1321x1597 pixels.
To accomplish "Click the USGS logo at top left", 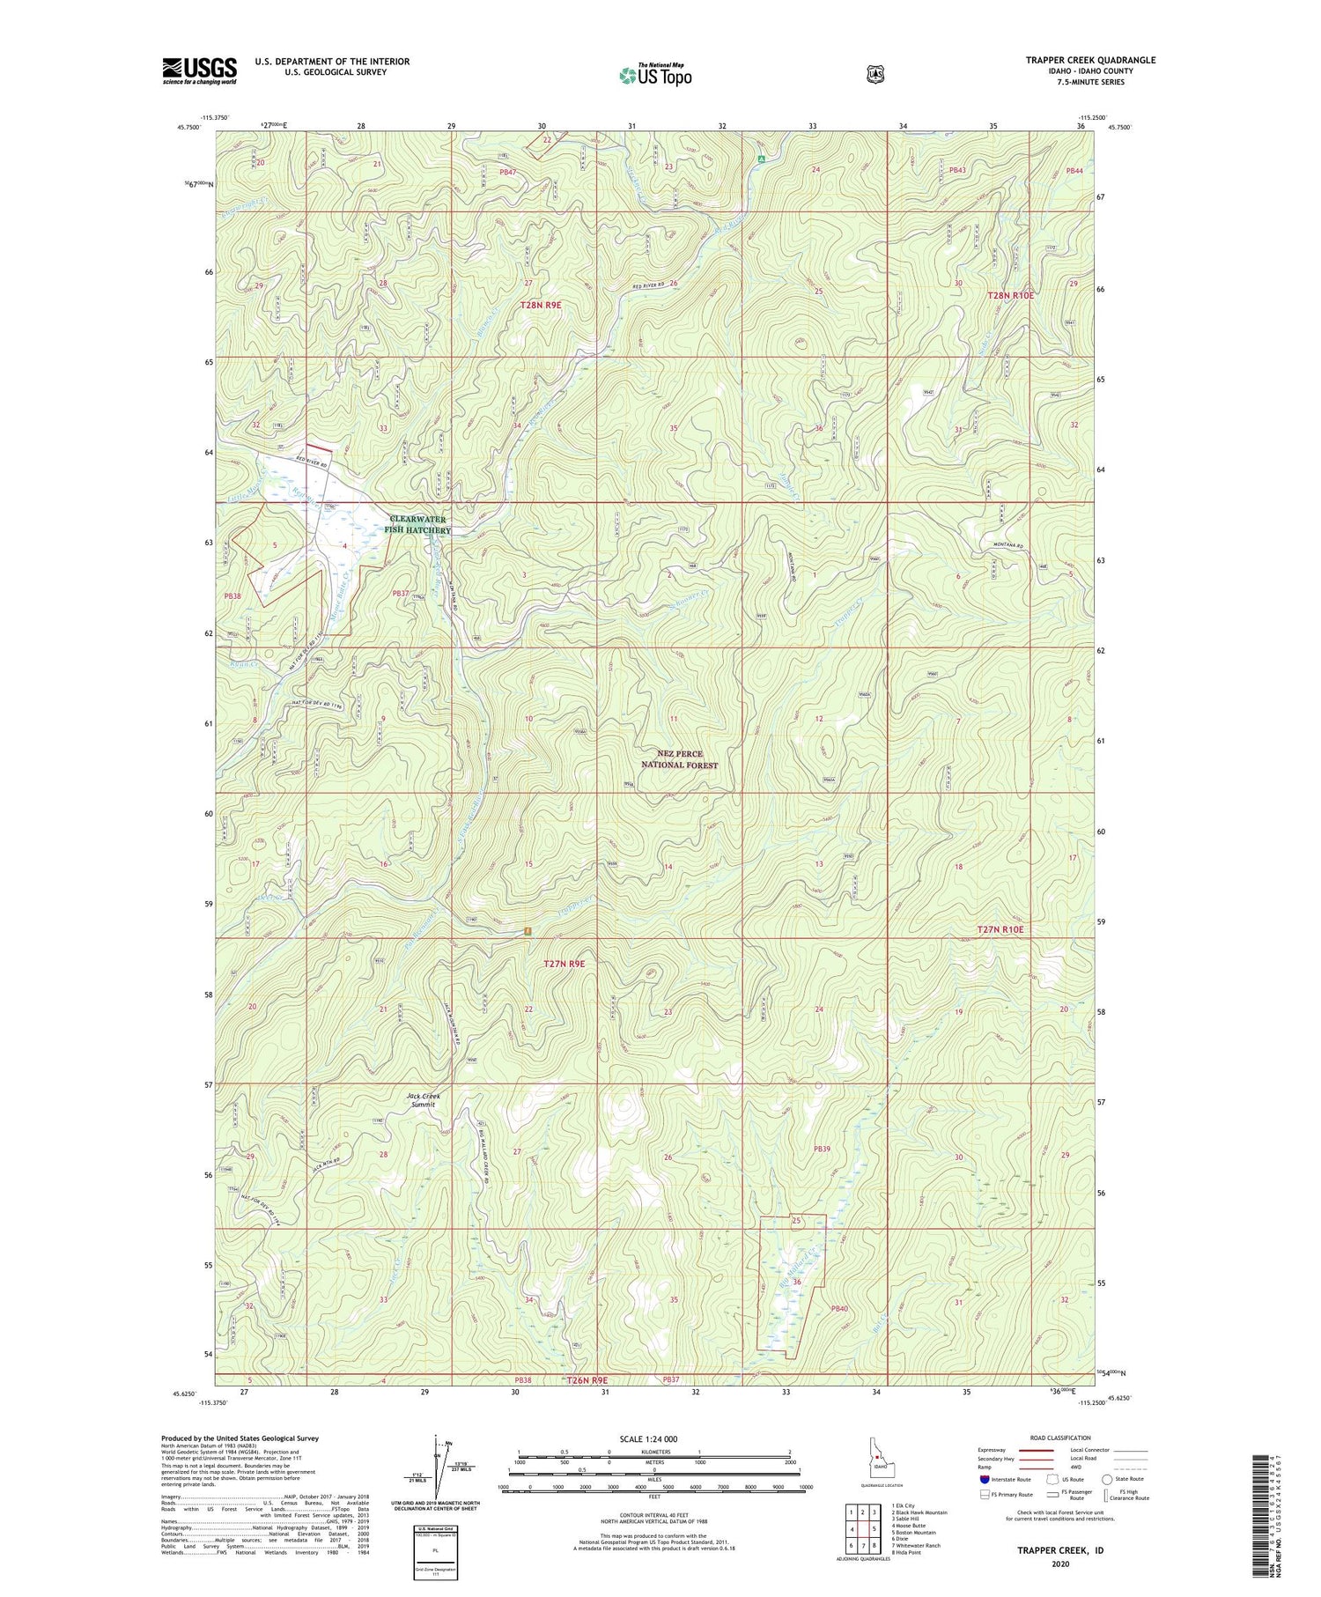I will pos(199,70).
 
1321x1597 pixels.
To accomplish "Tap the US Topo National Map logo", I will pos(655,74).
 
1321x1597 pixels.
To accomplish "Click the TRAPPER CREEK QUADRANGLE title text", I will pos(1090,61).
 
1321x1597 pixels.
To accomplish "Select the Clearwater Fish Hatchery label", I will pos(419,525).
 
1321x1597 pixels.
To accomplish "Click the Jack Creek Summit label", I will pos(423,1100).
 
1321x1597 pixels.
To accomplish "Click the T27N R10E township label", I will pos(1000,929).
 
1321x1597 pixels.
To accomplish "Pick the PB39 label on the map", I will pos(822,1149).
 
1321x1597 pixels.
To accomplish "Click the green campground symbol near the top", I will pos(760,159).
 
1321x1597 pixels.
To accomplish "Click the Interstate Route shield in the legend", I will pos(985,1479).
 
